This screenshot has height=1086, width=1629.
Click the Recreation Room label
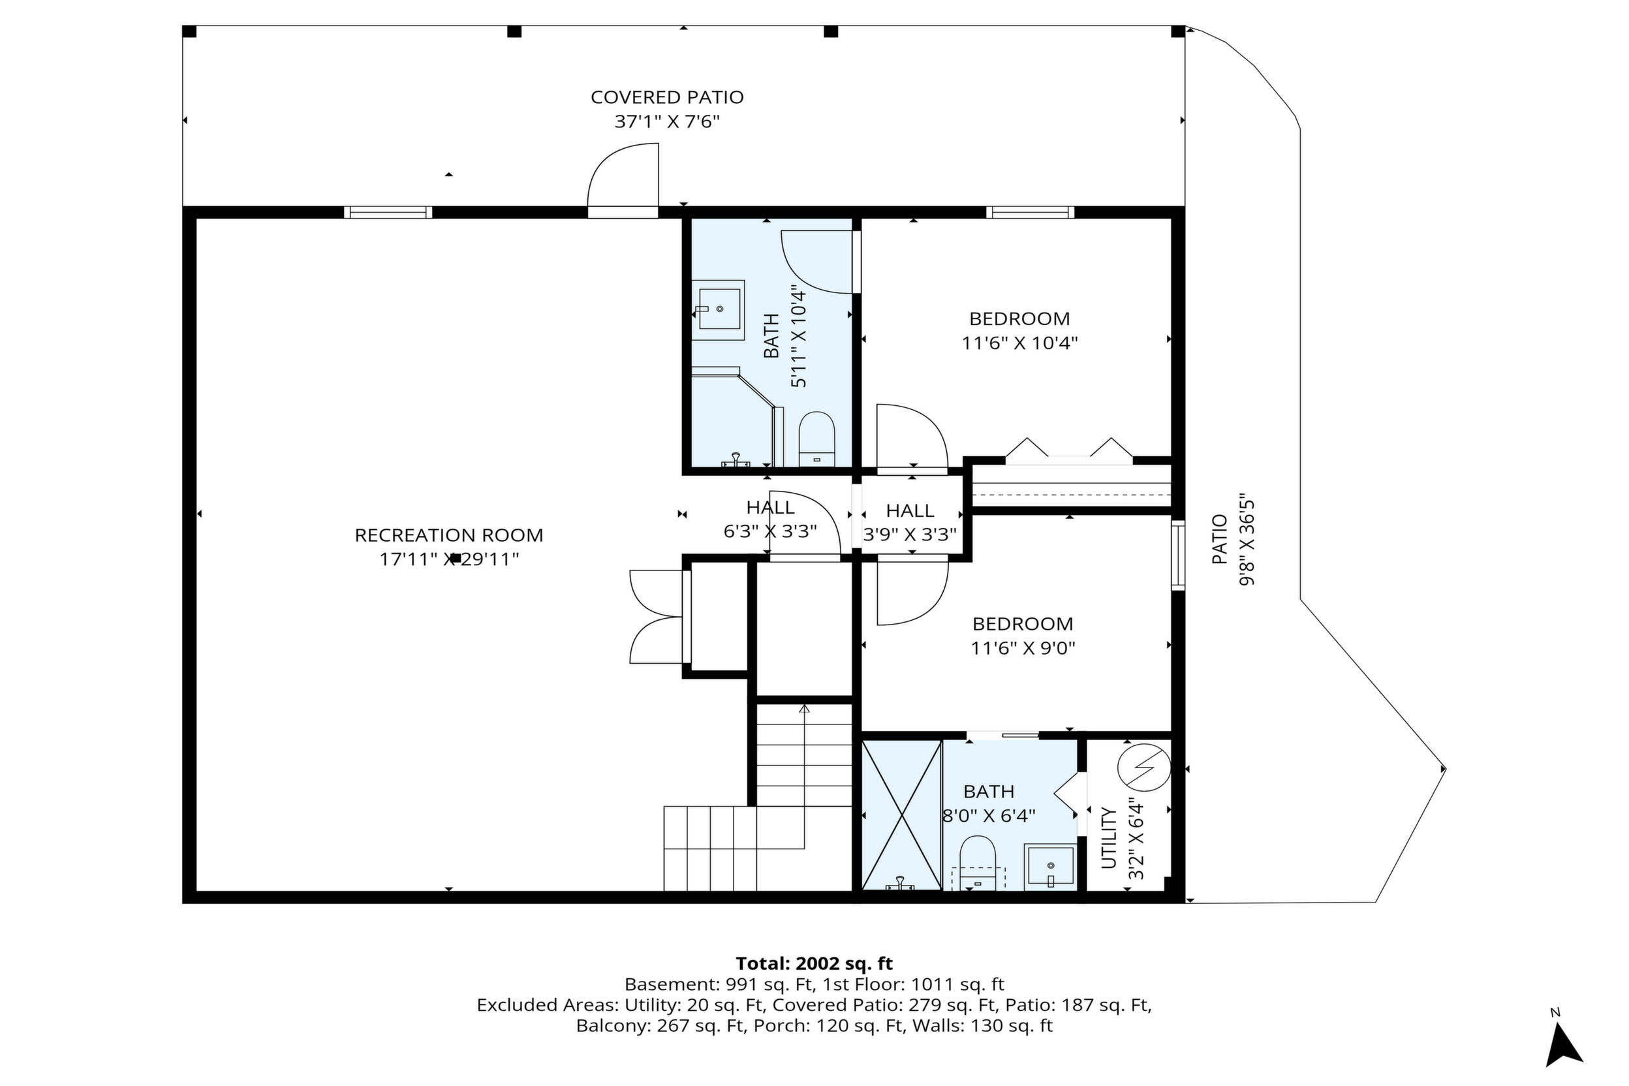(x=449, y=535)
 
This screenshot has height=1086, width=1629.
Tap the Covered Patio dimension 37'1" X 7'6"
(x=667, y=122)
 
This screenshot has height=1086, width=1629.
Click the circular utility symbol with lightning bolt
(x=1144, y=768)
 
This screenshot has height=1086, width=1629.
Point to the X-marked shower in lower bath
(x=901, y=814)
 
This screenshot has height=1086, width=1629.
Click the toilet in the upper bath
(x=816, y=439)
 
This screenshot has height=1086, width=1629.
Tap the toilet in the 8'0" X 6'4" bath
(x=977, y=862)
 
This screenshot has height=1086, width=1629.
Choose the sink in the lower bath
(x=1050, y=866)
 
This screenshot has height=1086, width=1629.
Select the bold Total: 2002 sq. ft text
(x=814, y=963)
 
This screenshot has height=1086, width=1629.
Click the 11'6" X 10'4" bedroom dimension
(x=1019, y=343)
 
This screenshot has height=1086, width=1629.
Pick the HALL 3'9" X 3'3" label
(x=910, y=522)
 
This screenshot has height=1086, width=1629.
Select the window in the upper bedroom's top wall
(x=1030, y=212)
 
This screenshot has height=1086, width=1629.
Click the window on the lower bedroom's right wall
(x=1178, y=555)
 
